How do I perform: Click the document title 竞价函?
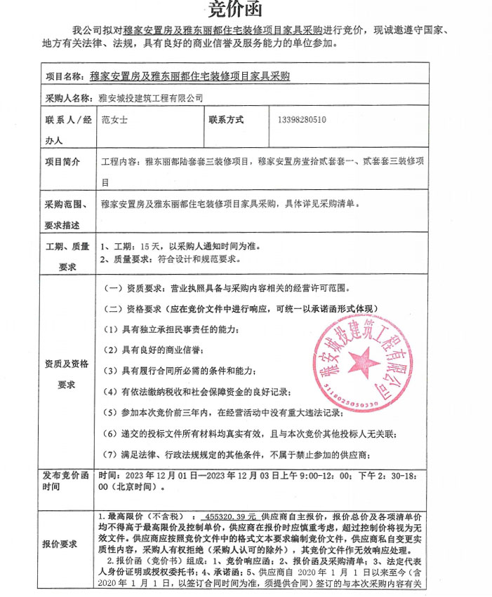(x=245, y=8)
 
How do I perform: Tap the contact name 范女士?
(x=115, y=120)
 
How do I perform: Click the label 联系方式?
(x=226, y=120)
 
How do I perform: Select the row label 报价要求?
(x=63, y=544)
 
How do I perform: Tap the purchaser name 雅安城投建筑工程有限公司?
(x=151, y=97)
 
